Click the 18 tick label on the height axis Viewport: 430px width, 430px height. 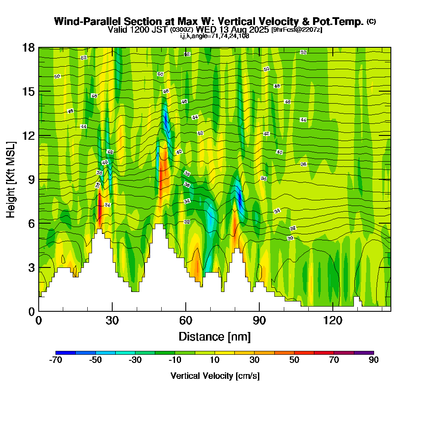28,47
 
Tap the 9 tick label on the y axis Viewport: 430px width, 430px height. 31,180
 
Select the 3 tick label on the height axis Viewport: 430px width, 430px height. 31,267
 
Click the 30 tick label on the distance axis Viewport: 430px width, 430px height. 112,320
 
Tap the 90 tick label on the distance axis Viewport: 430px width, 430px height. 259,320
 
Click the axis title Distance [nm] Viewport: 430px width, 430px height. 215,336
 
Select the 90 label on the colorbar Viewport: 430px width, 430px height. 374,360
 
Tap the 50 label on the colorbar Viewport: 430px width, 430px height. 294,360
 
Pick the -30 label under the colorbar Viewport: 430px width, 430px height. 135,360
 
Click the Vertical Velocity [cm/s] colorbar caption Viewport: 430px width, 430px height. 215,376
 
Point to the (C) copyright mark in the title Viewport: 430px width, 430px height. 371,21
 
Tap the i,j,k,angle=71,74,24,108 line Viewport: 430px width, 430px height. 215,36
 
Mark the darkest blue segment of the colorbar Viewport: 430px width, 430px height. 65,353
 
